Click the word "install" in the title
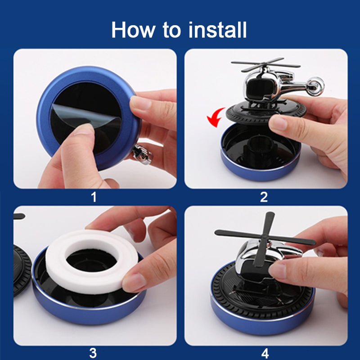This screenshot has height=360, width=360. pyautogui.click(x=217, y=30)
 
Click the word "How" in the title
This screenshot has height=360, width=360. pyautogui.click(x=133, y=30)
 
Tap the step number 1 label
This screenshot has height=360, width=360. pyautogui.click(x=94, y=197)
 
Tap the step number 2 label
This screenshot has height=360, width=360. pyautogui.click(x=264, y=197)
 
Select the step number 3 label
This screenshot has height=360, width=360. pyautogui.click(x=93, y=353)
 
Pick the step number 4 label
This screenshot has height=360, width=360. pyautogui.click(x=265, y=353)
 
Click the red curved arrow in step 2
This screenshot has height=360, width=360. pyautogui.click(x=215, y=117)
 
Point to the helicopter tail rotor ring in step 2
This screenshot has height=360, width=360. pyautogui.click(x=315, y=86)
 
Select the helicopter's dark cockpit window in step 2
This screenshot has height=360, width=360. pyautogui.click(x=260, y=89)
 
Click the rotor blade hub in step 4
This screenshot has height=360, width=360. pyautogui.click(x=265, y=238)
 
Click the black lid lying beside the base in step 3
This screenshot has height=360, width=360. pyautogui.click(x=22, y=271)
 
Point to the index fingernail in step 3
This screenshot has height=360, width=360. pyautogui.click(x=134, y=283)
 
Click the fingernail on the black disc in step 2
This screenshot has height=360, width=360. pyautogui.click(x=278, y=123)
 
